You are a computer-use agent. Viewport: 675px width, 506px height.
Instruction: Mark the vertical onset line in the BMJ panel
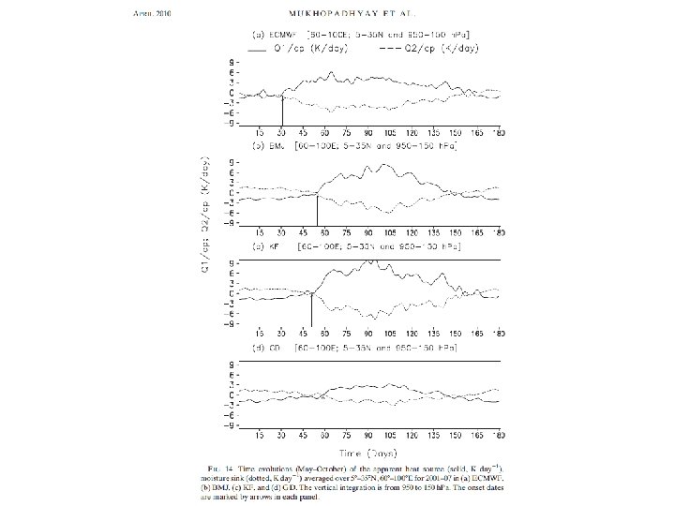point(317,211)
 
